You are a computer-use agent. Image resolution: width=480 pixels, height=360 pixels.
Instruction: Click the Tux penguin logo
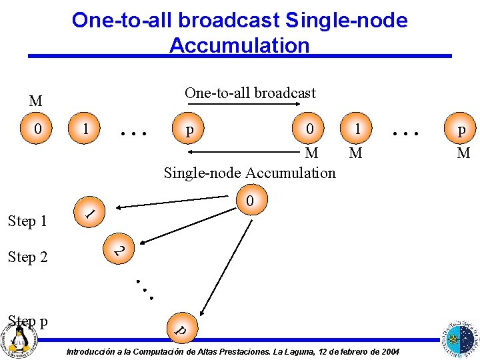pyautogui.click(x=18, y=339)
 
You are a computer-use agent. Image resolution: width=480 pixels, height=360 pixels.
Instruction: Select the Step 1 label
pyautogui.click(x=27, y=221)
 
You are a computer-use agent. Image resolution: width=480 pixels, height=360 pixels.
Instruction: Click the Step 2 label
pyautogui.click(x=27, y=257)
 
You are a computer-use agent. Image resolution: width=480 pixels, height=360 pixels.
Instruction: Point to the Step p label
pyautogui.click(x=28, y=321)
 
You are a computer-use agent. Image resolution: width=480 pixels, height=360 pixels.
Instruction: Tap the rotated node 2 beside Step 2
pyautogui.click(x=118, y=250)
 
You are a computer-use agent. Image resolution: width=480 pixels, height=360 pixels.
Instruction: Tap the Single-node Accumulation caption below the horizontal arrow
pyautogui.click(x=250, y=173)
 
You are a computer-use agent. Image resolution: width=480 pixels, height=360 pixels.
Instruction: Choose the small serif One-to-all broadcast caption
pyautogui.click(x=250, y=93)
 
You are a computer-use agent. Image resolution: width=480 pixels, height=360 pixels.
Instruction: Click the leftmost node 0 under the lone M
pyautogui.click(x=37, y=127)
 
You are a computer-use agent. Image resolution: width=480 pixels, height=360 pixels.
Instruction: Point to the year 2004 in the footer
pyautogui.click(x=389, y=351)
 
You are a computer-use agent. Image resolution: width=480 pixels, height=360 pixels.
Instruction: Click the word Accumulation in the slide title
pyautogui.click(x=239, y=45)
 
